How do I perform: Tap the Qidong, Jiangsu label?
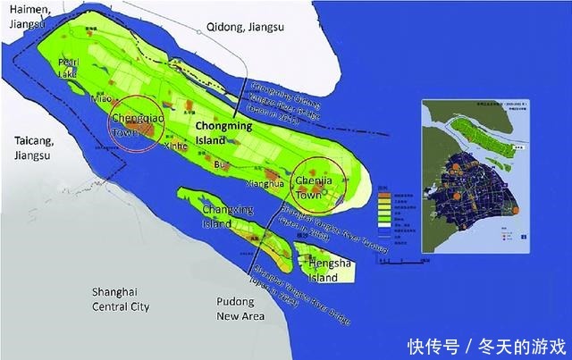click(245, 26)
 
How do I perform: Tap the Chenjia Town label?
click(320, 187)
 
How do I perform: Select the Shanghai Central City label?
click(122, 298)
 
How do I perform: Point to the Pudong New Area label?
click(240, 309)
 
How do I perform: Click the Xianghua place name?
click(265, 183)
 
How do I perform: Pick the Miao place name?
click(100, 100)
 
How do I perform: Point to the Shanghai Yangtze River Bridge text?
click(299, 289)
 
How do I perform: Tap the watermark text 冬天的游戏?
click(527, 344)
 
